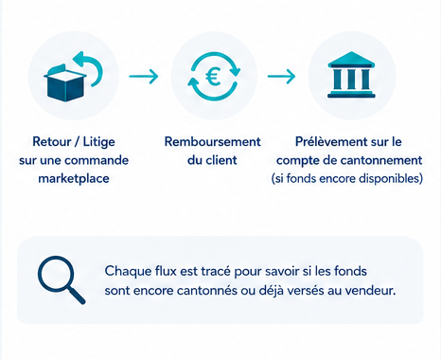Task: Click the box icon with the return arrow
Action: tap(73, 77)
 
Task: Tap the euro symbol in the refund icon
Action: tap(213, 78)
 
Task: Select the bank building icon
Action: tap(351, 75)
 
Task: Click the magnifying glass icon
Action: tap(62, 279)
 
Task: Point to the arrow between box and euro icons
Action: tap(144, 76)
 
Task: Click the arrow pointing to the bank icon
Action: tap(281, 76)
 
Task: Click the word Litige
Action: tap(98, 142)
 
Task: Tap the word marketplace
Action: tap(74, 178)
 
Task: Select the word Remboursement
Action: tap(213, 142)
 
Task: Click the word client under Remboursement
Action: tap(221, 160)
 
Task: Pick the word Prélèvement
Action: tap(331, 142)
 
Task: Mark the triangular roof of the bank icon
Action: tap(351, 59)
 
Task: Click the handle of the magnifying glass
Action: tap(77, 297)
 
